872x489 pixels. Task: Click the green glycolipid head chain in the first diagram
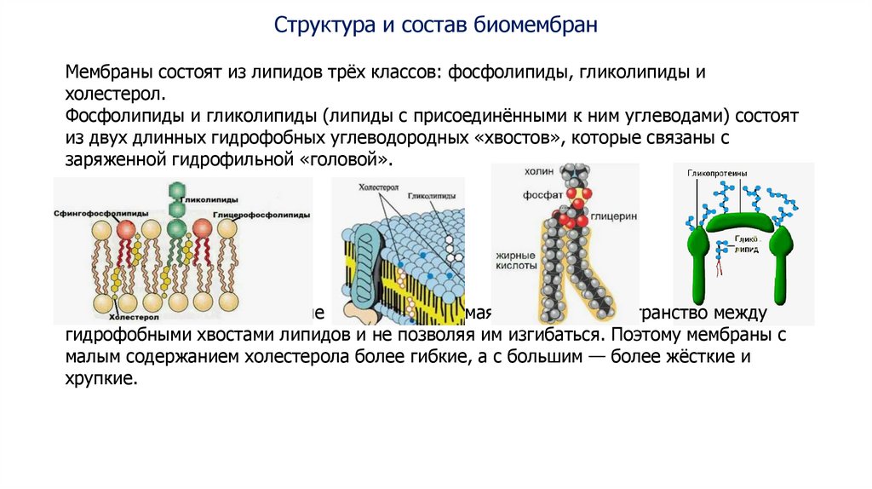tap(177, 204)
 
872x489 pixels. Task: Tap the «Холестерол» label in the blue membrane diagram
tap(374, 186)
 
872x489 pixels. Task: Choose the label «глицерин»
tap(618, 217)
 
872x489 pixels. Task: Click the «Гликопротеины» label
tap(716, 173)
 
